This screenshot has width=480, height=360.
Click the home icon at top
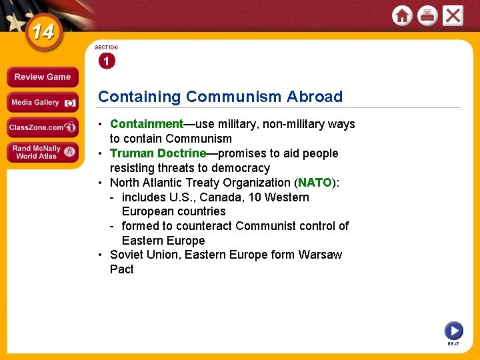(402, 15)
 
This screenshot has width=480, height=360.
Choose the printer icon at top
(427, 15)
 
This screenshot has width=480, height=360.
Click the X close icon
(453, 15)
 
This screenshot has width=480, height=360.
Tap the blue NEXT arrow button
(453, 330)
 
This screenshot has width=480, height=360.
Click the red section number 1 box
(106, 61)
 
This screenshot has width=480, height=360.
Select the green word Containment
(146, 124)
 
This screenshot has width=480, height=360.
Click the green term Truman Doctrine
(158, 153)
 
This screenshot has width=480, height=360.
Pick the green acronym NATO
(315, 183)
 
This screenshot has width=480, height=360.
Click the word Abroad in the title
(315, 97)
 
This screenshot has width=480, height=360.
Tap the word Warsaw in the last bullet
(320, 255)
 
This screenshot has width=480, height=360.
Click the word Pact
(122, 269)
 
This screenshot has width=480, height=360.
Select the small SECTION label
(106, 48)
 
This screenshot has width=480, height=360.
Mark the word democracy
(241, 168)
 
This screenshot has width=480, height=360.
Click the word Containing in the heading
(139, 97)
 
